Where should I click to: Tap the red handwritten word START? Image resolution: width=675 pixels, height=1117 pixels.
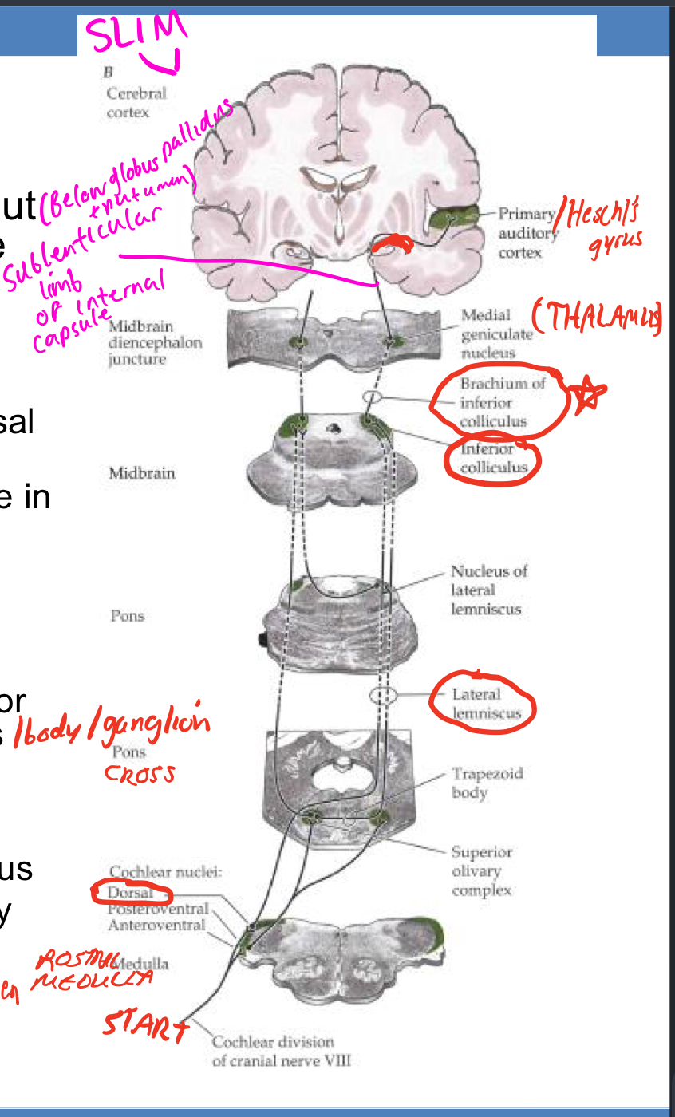(x=144, y=1024)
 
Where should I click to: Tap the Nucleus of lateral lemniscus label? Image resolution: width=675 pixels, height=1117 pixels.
(x=489, y=590)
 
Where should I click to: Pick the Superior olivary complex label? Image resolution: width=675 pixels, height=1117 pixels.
(x=481, y=870)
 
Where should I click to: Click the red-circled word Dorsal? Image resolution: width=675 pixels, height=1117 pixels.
(x=129, y=894)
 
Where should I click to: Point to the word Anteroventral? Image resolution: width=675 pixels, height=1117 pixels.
(x=156, y=925)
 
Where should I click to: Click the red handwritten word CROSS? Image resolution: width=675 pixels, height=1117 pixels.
(x=140, y=774)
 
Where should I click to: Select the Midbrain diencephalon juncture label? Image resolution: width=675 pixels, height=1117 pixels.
(x=155, y=342)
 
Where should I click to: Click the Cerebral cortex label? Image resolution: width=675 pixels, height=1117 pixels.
(x=136, y=102)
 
